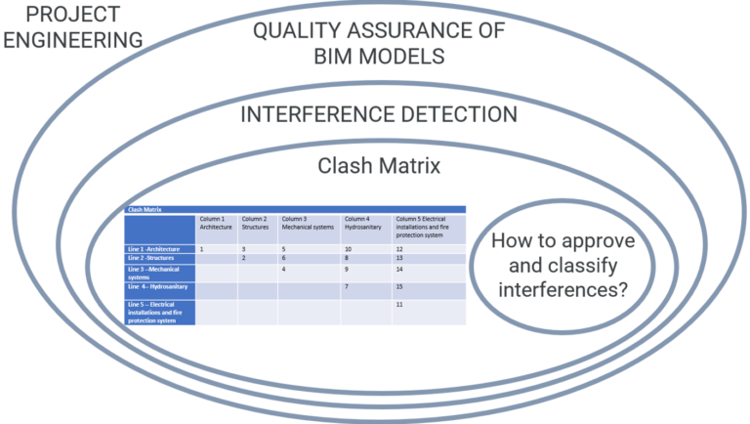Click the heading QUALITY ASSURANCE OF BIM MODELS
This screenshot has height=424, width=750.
click(379, 43)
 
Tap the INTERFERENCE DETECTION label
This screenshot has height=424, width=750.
click(379, 114)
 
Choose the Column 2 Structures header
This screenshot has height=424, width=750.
click(255, 223)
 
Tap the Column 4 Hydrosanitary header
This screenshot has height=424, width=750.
click(363, 223)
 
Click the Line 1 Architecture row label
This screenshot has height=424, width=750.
click(153, 249)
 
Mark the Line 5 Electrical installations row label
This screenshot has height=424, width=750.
click(156, 312)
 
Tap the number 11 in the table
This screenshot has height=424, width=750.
click(401, 305)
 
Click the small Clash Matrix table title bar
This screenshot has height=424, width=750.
click(293, 209)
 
